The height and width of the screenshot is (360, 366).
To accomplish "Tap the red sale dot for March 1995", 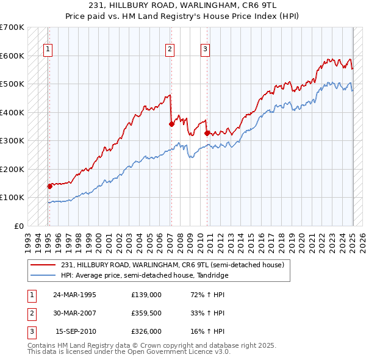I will (x=49, y=186).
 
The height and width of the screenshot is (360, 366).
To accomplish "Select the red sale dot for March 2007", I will (x=171, y=124).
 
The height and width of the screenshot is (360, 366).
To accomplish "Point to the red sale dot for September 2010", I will (x=207, y=133).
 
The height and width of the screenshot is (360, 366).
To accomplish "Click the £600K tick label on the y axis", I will (x=12, y=56).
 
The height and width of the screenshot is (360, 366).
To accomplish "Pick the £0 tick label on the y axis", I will (x=19, y=226).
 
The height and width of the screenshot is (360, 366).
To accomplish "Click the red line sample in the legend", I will (x=43, y=265).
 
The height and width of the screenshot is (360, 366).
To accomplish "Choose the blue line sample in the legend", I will (x=43, y=275).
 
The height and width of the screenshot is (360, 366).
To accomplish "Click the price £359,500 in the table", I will (x=146, y=313).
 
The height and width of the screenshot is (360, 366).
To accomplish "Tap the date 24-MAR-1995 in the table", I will (x=75, y=295).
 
